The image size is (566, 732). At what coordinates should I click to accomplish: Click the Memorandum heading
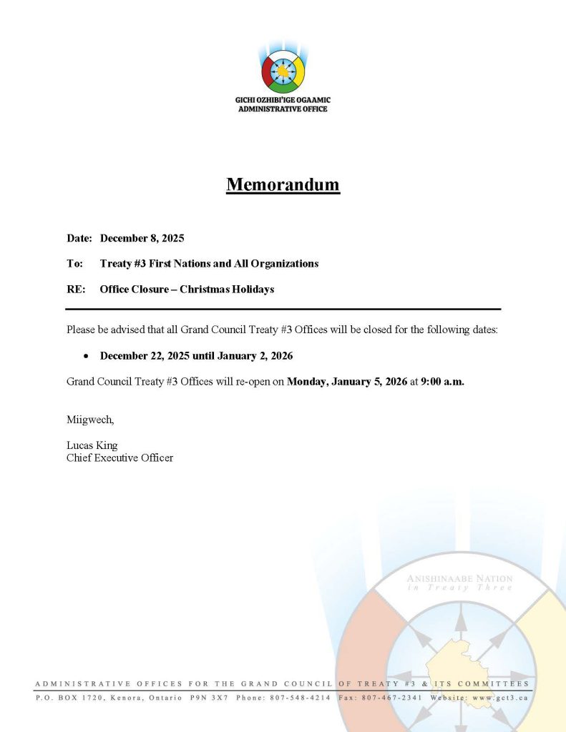coord(283,184)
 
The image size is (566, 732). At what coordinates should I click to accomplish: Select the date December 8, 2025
coord(142,237)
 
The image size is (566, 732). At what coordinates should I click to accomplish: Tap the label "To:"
coord(74,264)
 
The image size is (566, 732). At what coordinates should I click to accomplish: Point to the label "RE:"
coord(76,290)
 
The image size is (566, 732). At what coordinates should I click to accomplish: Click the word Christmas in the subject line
coord(208,290)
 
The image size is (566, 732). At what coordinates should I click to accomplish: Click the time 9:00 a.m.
coord(443,382)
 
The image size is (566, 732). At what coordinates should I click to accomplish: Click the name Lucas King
coord(92,445)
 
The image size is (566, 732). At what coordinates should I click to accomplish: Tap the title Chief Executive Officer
coord(119,457)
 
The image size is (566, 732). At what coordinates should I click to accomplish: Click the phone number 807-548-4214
coord(301,697)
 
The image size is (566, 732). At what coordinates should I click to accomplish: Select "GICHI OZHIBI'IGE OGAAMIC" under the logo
coord(283,101)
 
